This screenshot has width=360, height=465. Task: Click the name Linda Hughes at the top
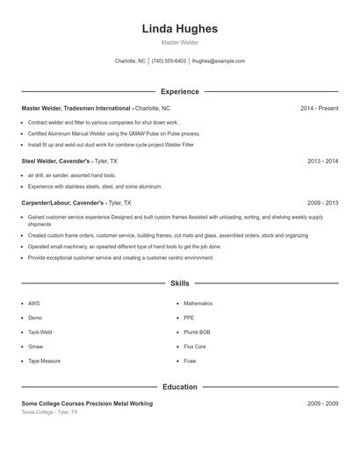click(180, 29)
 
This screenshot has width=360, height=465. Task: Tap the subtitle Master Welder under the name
click(180, 42)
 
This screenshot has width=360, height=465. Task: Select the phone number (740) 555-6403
click(169, 61)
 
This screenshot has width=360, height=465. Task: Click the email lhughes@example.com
click(218, 61)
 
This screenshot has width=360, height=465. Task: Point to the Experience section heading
click(180, 91)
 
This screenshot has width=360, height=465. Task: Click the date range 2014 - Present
click(319, 108)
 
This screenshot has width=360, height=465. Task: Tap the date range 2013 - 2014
click(322, 161)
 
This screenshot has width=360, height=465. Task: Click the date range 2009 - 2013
click(322, 202)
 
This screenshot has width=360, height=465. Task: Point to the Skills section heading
click(180, 283)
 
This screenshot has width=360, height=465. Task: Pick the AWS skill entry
click(34, 304)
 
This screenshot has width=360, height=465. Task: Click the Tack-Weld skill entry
click(40, 333)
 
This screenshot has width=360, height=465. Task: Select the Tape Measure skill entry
click(44, 361)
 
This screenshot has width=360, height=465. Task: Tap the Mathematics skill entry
click(198, 304)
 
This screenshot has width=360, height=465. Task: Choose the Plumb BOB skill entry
click(197, 333)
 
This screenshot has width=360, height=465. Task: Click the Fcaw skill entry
click(190, 361)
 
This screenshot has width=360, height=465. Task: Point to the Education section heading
click(180, 386)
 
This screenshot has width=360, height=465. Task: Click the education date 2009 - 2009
click(322, 403)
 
